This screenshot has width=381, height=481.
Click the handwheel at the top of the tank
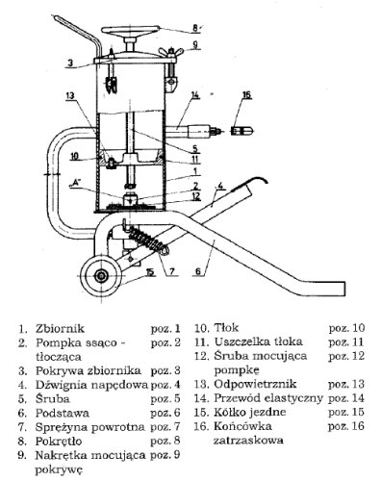point(130,30)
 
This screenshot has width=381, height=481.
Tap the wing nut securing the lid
point(171,51)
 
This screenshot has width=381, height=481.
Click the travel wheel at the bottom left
point(102,275)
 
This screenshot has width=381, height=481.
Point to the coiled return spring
point(148,241)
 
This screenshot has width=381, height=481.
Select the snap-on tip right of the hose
point(242,131)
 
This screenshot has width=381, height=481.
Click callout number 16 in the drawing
point(246,94)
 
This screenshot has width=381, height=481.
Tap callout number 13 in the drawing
point(70,95)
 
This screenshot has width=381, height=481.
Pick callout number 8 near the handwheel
point(195,28)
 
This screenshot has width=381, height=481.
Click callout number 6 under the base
point(198,271)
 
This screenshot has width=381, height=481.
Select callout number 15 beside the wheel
point(149,272)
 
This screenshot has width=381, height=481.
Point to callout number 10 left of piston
point(74,156)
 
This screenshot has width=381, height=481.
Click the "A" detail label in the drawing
point(75,183)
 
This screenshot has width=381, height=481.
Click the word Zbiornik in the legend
point(60,329)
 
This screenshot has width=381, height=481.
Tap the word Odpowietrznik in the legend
point(255,384)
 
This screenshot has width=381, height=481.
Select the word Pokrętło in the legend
point(59,441)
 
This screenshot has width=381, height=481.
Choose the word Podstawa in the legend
point(63,413)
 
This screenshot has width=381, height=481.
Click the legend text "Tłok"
point(226,328)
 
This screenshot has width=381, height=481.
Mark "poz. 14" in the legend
point(346,398)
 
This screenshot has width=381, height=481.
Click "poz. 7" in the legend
point(165,427)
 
